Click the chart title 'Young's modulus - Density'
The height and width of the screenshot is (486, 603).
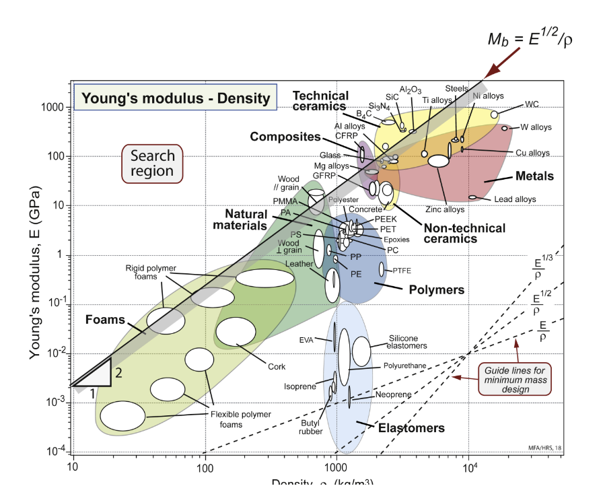click(175, 99)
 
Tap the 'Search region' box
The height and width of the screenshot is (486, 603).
click(152, 164)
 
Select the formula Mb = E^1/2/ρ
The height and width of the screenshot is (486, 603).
click(530, 40)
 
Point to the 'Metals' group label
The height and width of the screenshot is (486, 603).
click(534, 176)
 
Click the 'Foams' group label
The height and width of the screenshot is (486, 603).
click(105, 319)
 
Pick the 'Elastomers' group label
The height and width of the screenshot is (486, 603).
click(411, 428)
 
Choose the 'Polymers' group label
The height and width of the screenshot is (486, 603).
click(437, 290)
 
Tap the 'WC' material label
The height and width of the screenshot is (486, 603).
click(532, 104)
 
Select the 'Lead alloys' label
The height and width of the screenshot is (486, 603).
click(515, 199)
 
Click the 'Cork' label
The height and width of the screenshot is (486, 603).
click(277, 366)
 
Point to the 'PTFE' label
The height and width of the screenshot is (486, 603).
click(402, 271)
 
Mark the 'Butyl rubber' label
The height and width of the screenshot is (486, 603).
click(311, 427)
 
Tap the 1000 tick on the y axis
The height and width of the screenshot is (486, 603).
click(54, 108)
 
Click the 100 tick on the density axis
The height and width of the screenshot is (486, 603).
click(205, 466)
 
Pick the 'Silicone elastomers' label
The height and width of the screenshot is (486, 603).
click(408, 342)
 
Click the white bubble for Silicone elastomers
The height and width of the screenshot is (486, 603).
click(361, 351)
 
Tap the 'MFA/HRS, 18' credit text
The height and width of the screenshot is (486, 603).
click(543, 447)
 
